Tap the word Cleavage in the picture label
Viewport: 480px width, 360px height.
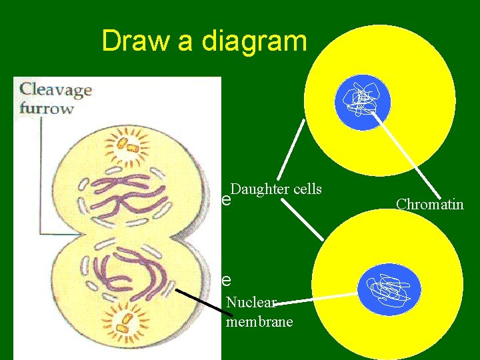(x=55, y=90)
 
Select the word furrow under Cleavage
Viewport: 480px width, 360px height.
(x=46, y=108)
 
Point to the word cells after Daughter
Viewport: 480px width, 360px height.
(x=307, y=189)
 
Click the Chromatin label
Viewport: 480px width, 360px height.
(x=429, y=204)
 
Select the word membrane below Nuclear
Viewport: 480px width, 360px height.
(x=259, y=322)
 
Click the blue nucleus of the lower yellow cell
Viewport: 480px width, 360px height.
(x=389, y=289)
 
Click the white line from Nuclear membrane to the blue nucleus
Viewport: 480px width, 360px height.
(x=320, y=299)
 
